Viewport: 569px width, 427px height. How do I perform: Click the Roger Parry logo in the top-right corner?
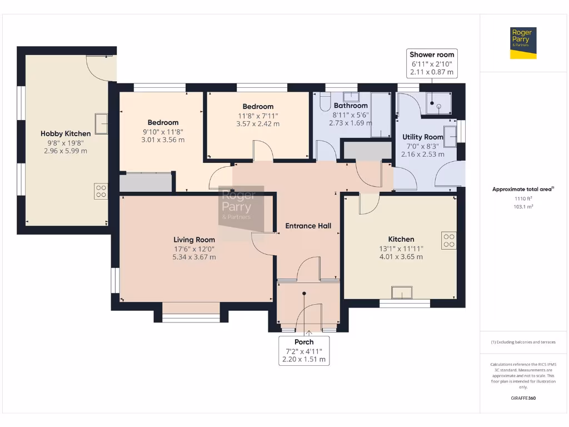pyautogui.click(x=523, y=43)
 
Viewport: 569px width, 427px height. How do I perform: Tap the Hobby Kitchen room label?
pyautogui.click(x=66, y=133)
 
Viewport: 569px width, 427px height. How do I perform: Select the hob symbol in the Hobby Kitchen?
pyautogui.click(x=101, y=191)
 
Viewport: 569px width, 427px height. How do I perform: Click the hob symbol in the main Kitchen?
pyautogui.click(x=449, y=240)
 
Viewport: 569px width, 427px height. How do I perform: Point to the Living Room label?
pyautogui.click(x=194, y=240)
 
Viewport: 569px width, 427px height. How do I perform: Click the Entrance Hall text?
pyautogui.click(x=308, y=226)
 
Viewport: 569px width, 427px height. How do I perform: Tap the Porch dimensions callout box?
pyautogui.click(x=304, y=351)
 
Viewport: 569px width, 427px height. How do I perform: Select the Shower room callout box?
pyautogui.click(x=432, y=63)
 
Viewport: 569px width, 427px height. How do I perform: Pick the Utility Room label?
pyautogui.click(x=423, y=137)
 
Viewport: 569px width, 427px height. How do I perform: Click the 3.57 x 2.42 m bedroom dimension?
pyautogui.click(x=258, y=124)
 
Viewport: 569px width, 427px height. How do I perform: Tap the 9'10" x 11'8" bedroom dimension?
pyautogui.click(x=163, y=132)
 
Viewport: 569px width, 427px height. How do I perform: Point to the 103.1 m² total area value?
pyautogui.click(x=523, y=207)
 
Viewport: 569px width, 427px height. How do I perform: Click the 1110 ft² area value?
pyautogui.click(x=523, y=198)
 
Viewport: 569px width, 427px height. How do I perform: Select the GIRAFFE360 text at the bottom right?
pyautogui.click(x=523, y=398)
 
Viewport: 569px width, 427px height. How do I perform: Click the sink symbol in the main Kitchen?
pyautogui.click(x=402, y=292)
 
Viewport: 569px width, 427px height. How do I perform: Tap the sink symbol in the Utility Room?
pyautogui.click(x=450, y=137)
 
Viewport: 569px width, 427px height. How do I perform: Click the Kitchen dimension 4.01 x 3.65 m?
pyautogui.click(x=401, y=257)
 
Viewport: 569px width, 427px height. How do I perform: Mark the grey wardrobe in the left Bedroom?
pyautogui.click(x=146, y=182)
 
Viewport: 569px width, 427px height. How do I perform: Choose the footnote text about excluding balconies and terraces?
pyautogui.click(x=523, y=342)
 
